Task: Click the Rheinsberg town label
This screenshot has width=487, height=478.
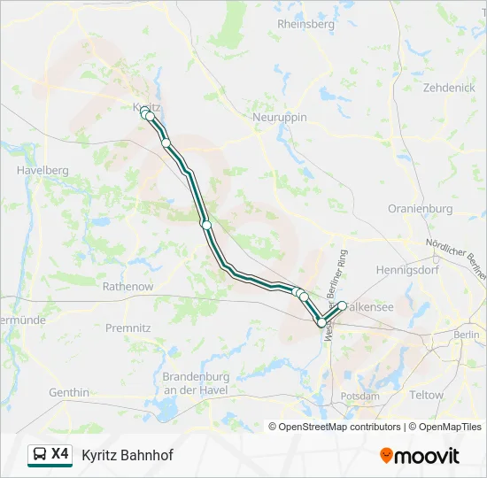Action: pos(305,24)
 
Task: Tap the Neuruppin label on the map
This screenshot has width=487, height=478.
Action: pos(281,118)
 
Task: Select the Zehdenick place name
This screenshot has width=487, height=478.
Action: pos(449,88)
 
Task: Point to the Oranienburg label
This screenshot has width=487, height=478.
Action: pos(420,209)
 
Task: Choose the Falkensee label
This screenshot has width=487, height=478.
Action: pos(369,305)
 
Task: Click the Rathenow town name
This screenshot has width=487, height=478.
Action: pos(128,287)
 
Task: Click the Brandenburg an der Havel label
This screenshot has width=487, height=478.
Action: pos(196,382)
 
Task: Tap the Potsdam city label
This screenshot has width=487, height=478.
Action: pos(360,396)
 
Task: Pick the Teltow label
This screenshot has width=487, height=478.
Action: pos(426,395)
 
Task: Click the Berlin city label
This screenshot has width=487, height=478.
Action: pos(466,335)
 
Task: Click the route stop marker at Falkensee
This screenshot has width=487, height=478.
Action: pos(342,306)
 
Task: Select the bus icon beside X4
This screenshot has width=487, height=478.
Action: pos(40,455)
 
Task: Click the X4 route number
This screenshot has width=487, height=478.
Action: pos(60,454)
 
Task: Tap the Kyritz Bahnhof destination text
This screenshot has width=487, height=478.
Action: pos(128,455)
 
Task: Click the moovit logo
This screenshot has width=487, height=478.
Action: pos(420,455)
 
